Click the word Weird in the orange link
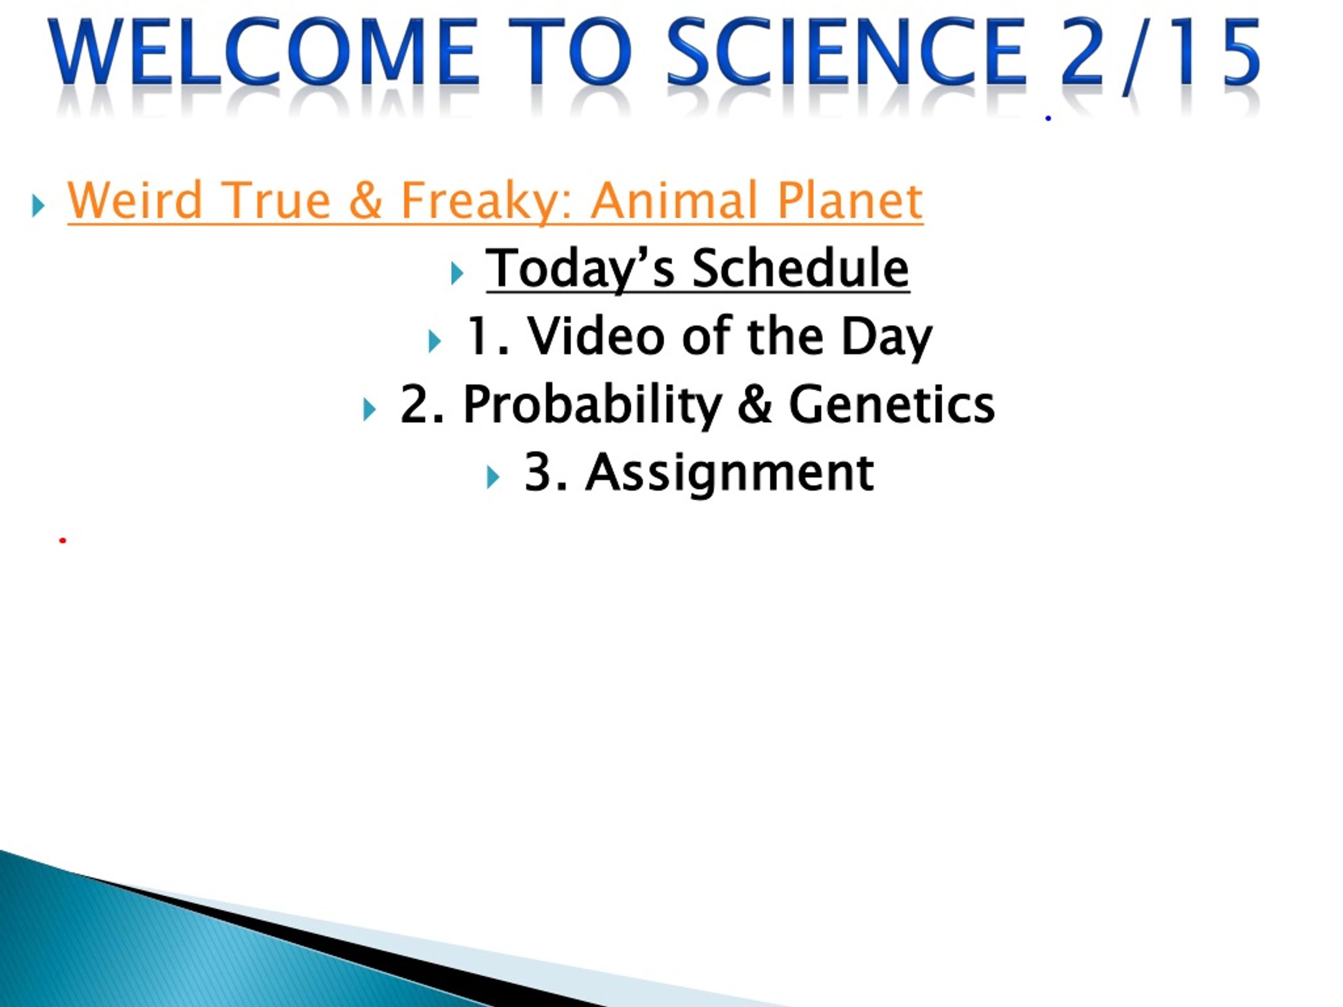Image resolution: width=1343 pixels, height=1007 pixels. (x=135, y=200)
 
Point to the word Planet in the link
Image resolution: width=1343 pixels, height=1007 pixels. (x=849, y=200)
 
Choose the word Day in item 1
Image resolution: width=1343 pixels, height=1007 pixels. (x=886, y=337)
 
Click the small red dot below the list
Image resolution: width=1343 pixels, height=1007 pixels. (x=62, y=540)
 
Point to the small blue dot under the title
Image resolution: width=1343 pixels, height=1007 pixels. (x=1048, y=119)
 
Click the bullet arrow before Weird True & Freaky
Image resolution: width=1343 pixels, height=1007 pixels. (x=38, y=206)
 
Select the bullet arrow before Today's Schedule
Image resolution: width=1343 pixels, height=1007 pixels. (x=457, y=274)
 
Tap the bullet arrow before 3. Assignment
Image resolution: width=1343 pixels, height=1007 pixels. (x=493, y=478)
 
